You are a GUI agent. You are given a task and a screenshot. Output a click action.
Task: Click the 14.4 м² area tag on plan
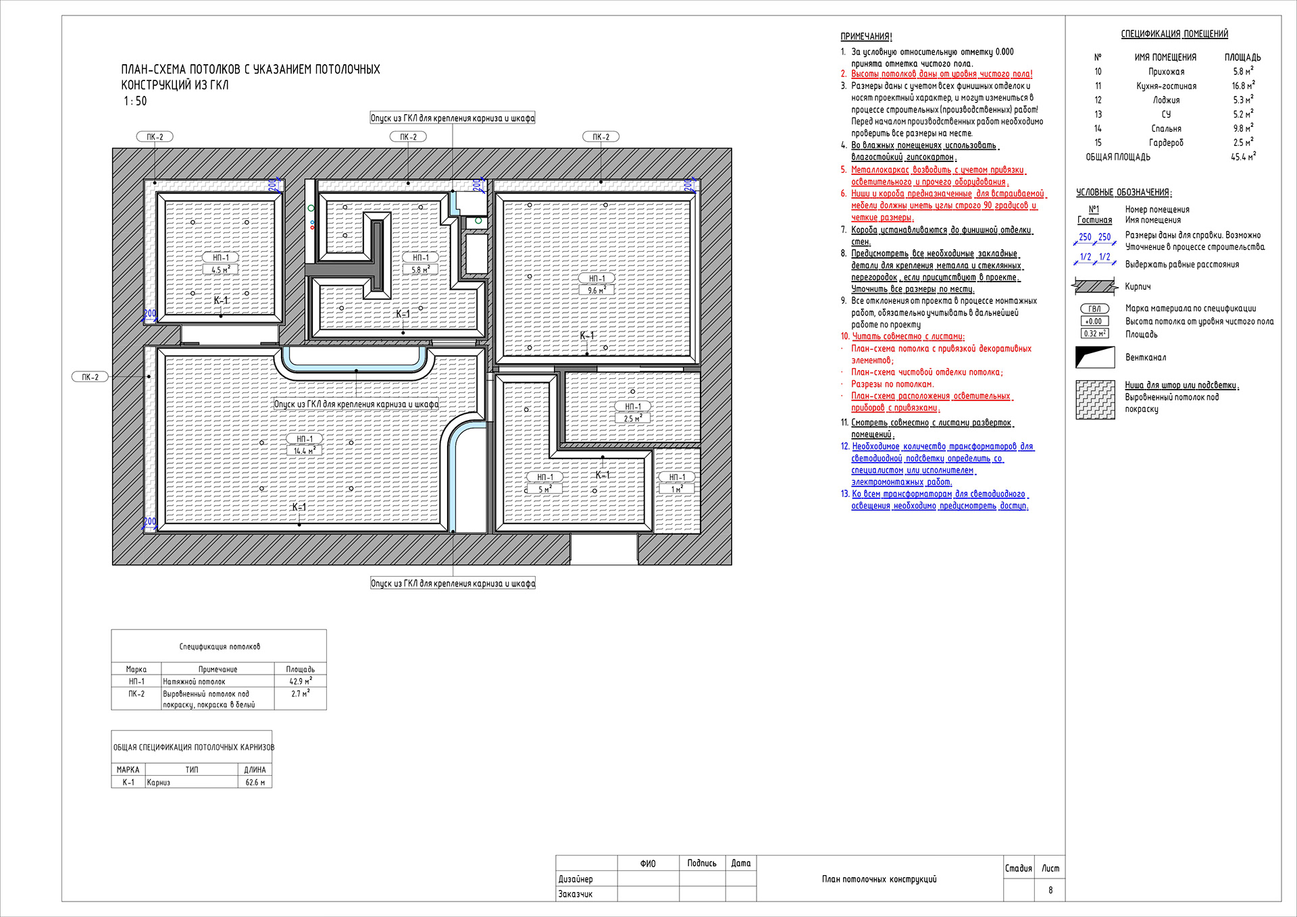(x=304, y=451)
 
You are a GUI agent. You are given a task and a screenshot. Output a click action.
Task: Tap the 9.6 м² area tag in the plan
(x=596, y=290)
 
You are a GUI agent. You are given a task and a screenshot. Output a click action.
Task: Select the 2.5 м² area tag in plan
(x=632, y=419)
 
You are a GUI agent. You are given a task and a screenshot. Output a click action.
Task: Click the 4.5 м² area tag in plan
(x=220, y=269)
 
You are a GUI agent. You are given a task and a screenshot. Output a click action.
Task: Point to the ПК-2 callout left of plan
(x=90, y=377)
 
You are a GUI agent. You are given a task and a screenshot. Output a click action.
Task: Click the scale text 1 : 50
(x=134, y=101)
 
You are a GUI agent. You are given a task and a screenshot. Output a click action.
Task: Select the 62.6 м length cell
(x=255, y=782)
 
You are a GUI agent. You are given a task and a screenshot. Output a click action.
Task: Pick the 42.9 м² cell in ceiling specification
(x=300, y=681)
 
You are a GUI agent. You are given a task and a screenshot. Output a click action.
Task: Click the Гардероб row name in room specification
(x=1165, y=142)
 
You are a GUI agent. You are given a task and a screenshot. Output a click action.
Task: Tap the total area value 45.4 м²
(x=1242, y=157)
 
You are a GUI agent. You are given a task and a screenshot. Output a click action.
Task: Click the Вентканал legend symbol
(x=1094, y=357)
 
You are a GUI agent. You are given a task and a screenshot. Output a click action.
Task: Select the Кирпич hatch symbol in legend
(x=1094, y=286)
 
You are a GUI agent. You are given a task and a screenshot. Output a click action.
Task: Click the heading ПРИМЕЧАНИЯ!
(x=866, y=36)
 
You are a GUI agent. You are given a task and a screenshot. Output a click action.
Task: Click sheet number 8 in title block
(x=1050, y=890)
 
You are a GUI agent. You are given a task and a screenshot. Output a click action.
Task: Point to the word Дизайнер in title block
(x=576, y=879)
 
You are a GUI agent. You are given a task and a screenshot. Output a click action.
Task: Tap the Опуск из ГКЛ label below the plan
(x=453, y=583)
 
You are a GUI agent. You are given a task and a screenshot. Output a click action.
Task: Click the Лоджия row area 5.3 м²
(x=1242, y=100)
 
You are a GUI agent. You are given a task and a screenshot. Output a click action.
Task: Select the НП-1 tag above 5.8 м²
(x=420, y=257)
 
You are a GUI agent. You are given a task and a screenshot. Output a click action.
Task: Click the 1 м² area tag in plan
(x=676, y=489)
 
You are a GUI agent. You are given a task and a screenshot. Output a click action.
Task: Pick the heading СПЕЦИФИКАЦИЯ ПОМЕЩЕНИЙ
(x=1174, y=34)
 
